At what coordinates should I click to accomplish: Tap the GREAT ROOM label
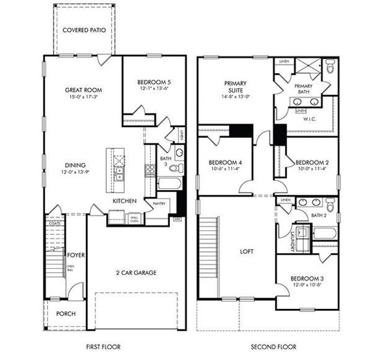click(82, 90)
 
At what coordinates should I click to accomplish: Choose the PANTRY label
click(159, 204)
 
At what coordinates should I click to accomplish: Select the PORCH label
click(65, 314)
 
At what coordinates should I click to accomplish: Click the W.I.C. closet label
click(309, 118)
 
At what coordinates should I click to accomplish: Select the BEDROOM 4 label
click(225, 163)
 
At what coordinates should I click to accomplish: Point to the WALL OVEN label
click(135, 219)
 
